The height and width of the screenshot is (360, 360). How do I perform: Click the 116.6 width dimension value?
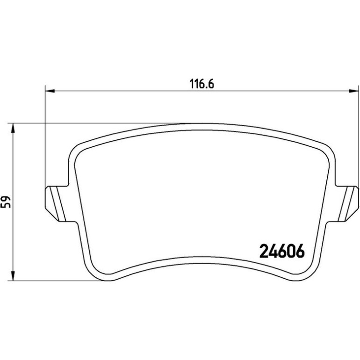[202, 84]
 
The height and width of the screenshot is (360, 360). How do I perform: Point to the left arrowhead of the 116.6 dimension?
[50, 91]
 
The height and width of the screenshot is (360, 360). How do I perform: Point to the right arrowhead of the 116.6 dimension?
[353, 91]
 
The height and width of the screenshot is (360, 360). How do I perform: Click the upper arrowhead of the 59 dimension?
[13, 128]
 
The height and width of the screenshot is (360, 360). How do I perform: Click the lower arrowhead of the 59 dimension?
[13, 276]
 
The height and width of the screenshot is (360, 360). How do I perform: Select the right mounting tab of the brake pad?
[347, 203]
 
